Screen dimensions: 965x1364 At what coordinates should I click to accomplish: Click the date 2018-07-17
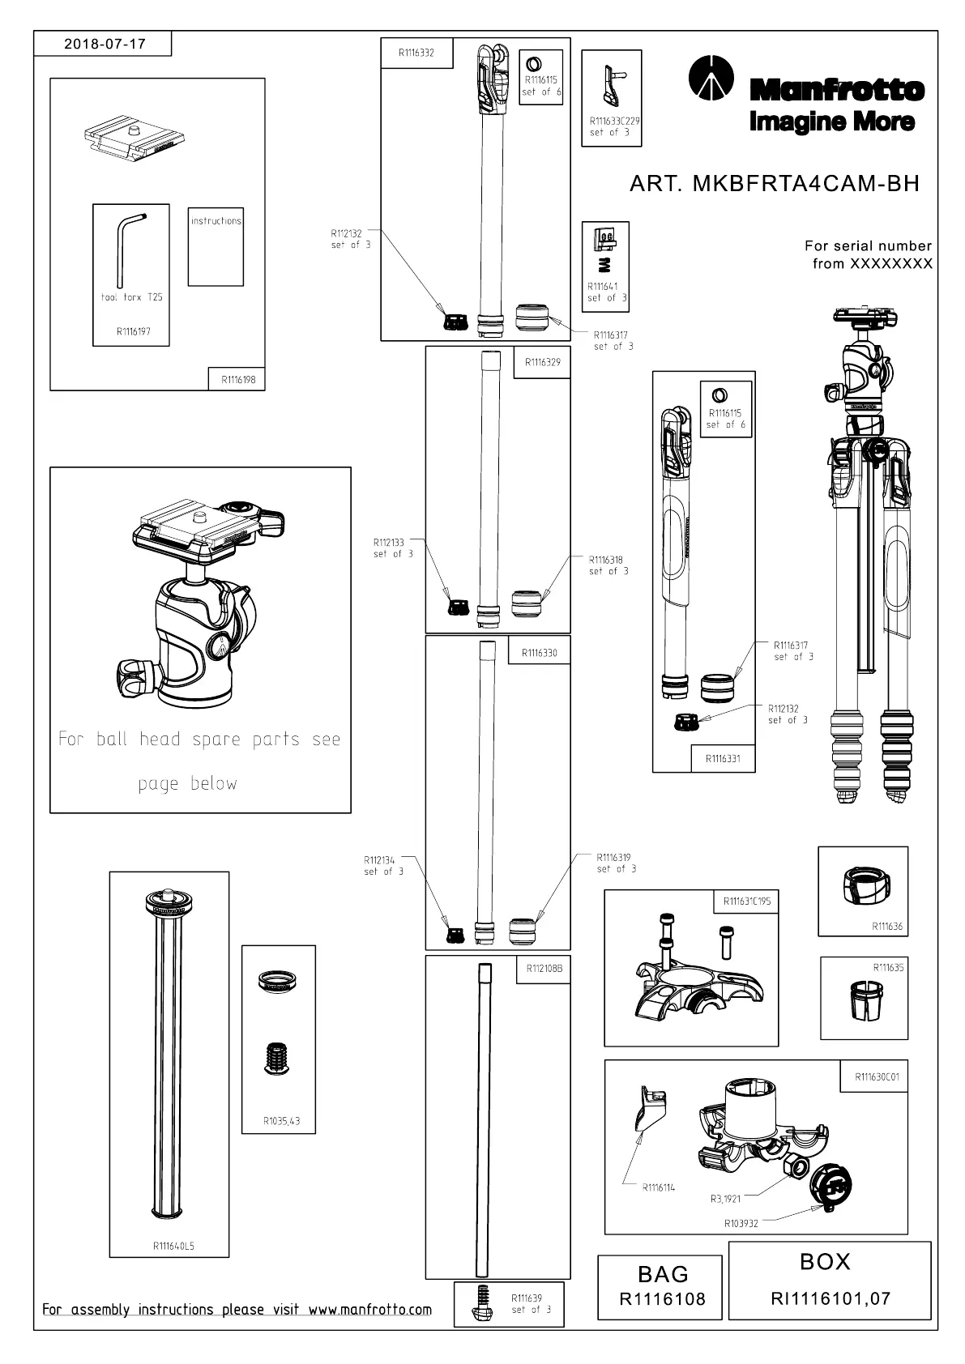pyautogui.click(x=105, y=44)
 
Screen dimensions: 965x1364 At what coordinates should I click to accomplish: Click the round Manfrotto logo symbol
pyautogui.click(x=711, y=77)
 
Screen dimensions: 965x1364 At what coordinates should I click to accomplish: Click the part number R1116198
pyautogui.click(x=238, y=379)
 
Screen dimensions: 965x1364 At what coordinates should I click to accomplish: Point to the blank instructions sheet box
pyautogui.click(x=216, y=246)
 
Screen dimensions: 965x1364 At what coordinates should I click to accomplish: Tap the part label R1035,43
pyautogui.click(x=281, y=1120)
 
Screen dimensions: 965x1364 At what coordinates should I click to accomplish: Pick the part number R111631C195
pyautogui.click(x=747, y=902)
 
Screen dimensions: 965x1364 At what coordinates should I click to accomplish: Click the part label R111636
pyautogui.click(x=887, y=927)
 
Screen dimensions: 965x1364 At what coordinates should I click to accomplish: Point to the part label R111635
pyautogui.click(x=888, y=968)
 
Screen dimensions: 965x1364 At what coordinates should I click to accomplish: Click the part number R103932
pyautogui.click(x=741, y=1223)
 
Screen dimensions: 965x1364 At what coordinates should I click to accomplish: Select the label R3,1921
pyautogui.click(x=726, y=1199)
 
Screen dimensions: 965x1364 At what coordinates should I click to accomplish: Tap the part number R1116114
pyautogui.click(x=659, y=1187)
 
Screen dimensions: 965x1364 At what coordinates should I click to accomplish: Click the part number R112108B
pyautogui.click(x=544, y=969)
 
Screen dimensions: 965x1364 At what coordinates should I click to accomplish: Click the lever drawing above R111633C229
pyautogui.click(x=613, y=85)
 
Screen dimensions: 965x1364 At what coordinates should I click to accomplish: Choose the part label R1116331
pyautogui.click(x=723, y=759)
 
